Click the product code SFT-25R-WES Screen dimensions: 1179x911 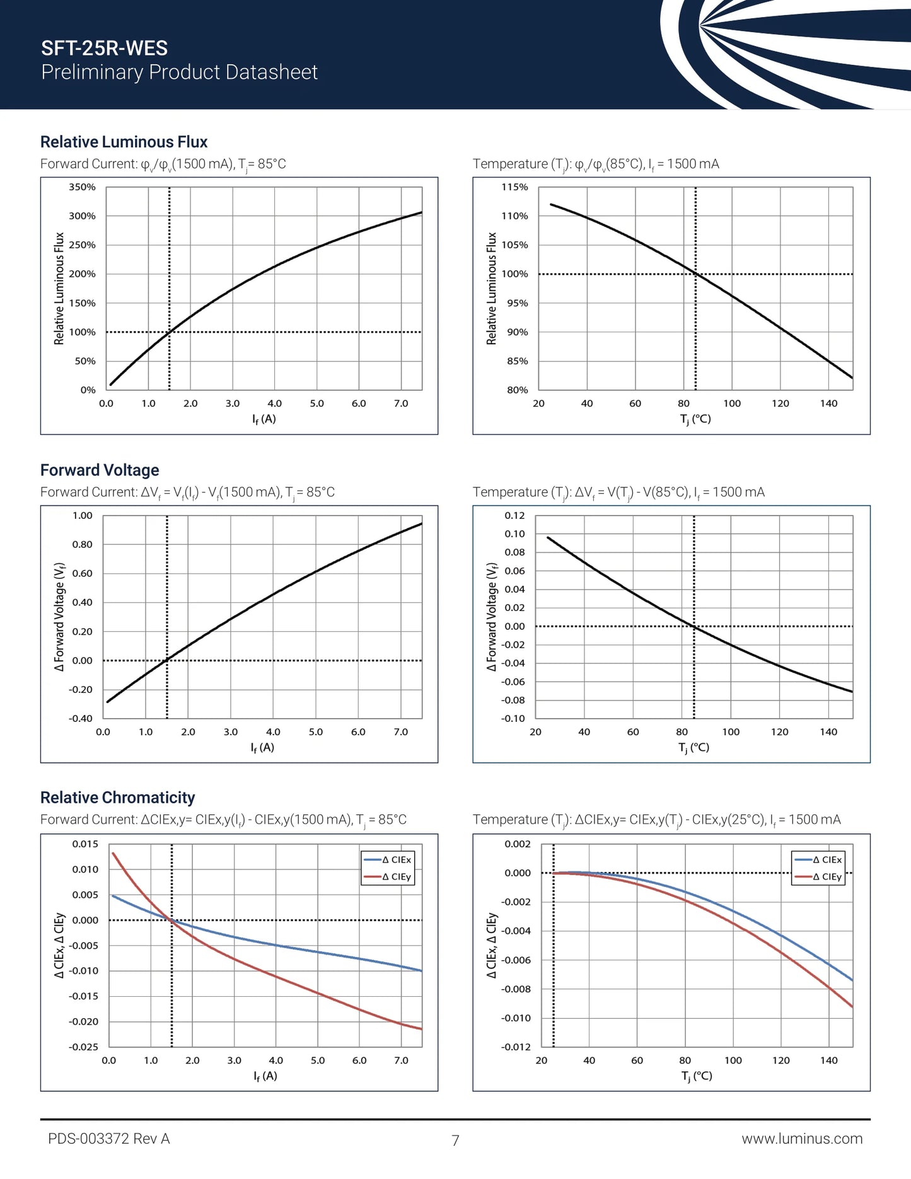pos(104,48)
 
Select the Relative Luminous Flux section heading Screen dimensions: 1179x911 pos(124,142)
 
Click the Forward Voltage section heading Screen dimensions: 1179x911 pos(100,470)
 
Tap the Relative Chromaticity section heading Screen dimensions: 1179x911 pos(117,798)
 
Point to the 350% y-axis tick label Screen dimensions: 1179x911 pos(83,187)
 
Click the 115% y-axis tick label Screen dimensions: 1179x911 pos(514,187)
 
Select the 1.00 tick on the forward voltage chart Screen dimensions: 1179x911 pos(83,516)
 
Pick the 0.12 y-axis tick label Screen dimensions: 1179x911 pos(514,516)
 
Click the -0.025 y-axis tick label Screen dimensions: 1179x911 pos(84,1047)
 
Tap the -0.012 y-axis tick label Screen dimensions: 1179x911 pos(516,1047)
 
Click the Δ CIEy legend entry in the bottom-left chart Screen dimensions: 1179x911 pos(397,877)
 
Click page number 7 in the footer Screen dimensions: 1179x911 pos(455,1140)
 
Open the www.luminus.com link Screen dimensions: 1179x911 pos(802,1139)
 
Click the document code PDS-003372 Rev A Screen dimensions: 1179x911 pos(109,1139)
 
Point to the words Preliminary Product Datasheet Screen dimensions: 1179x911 pos(179,73)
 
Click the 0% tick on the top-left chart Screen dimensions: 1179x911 pos(88,390)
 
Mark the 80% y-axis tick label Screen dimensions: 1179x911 pos(518,390)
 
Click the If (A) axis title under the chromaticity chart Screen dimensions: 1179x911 pos(265,1076)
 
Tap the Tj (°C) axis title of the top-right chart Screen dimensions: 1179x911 pos(695,419)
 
